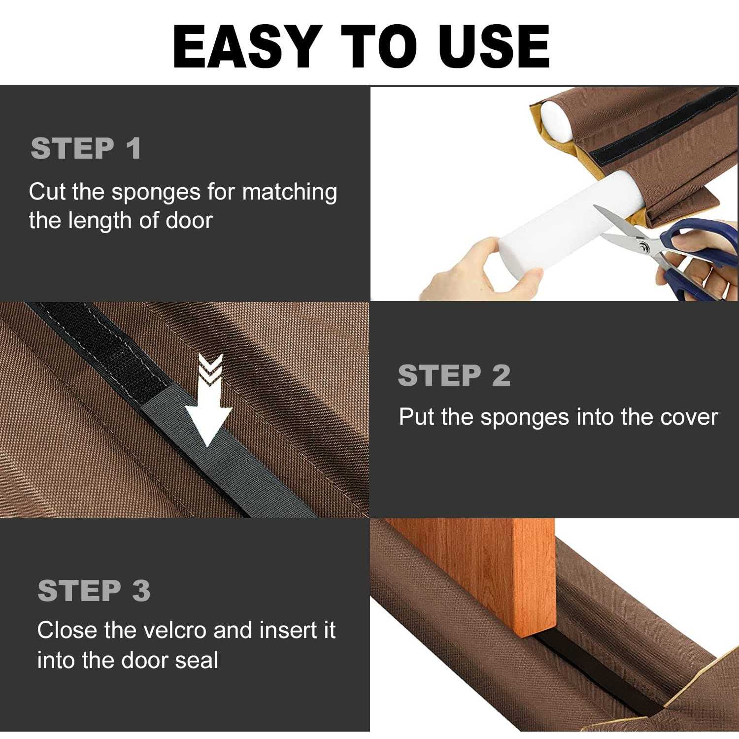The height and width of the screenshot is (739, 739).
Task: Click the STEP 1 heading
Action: pyautogui.click(x=86, y=148)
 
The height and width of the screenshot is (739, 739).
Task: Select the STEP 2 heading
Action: pyautogui.click(x=454, y=376)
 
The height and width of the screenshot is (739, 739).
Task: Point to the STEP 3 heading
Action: pyautogui.click(x=94, y=590)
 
